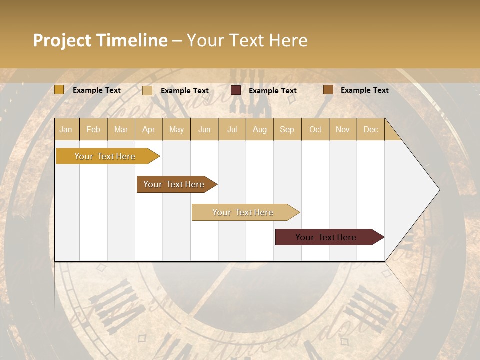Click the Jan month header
pos(66,129)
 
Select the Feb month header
pos(93,129)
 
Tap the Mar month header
pos(121,129)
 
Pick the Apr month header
pos(149,129)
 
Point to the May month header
pos(176,129)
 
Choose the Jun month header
pos(204,129)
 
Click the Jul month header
pos(232,129)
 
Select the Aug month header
pos(260,129)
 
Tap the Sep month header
pos(287,129)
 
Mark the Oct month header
pos(315,129)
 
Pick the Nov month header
pos(343,129)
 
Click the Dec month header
pos(370,129)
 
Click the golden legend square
pos(59,90)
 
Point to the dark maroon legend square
pos(236,90)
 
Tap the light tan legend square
pos(147,90)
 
